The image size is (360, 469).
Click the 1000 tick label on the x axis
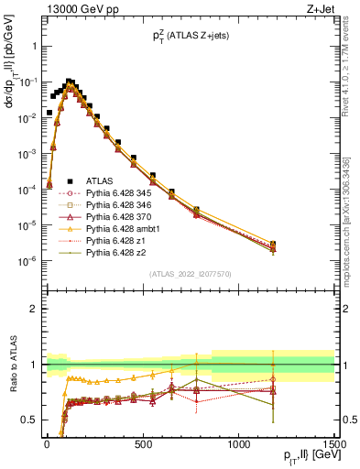[238, 446]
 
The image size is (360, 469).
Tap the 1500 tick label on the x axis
[333, 446]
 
